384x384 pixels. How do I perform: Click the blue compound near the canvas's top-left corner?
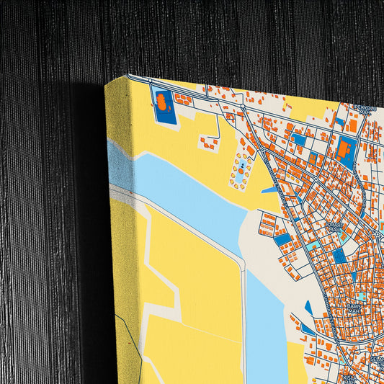click(162, 105)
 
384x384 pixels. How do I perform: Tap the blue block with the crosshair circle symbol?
click(339, 256)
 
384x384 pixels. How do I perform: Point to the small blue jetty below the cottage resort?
click(269, 190)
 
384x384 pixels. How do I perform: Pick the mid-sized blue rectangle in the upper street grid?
click(298, 139)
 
